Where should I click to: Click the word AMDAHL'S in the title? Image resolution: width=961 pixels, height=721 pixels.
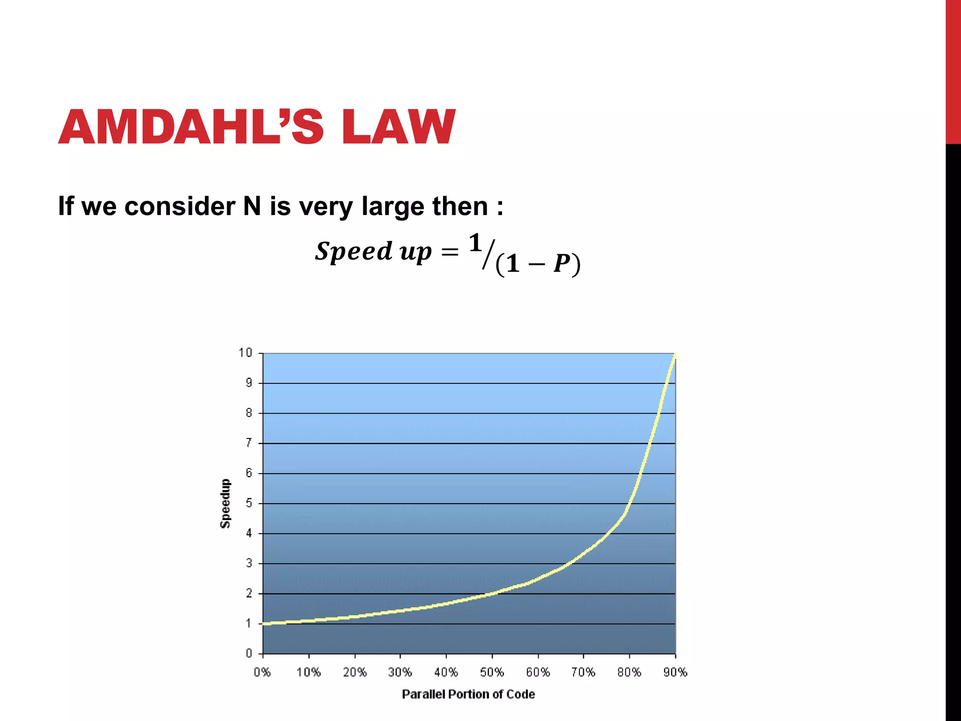pyautogui.click(x=191, y=127)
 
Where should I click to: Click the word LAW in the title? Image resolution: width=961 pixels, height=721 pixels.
pyautogui.click(x=398, y=127)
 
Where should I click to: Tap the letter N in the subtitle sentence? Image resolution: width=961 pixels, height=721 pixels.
pyautogui.click(x=252, y=206)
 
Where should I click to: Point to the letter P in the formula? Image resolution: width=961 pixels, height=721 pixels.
pyautogui.click(x=561, y=264)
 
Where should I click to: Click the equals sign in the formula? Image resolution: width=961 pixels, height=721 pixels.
pyautogui.click(x=450, y=253)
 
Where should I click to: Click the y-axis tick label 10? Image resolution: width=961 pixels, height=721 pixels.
pyautogui.click(x=245, y=353)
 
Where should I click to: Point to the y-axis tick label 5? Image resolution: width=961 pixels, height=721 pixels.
pyautogui.click(x=249, y=503)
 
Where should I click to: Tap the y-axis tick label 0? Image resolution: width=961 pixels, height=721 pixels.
pyautogui.click(x=249, y=653)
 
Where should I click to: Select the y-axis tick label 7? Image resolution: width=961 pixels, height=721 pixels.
pyautogui.click(x=249, y=443)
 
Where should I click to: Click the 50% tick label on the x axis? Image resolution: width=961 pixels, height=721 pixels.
pyautogui.click(x=492, y=673)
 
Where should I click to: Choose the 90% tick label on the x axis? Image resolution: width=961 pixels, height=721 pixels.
pyautogui.click(x=675, y=673)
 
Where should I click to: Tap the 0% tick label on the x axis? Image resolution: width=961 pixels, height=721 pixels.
pyautogui.click(x=262, y=673)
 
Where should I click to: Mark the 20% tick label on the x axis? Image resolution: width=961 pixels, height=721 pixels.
pyautogui.click(x=355, y=673)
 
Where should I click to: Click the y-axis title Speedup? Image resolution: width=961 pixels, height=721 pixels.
pyautogui.click(x=226, y=503)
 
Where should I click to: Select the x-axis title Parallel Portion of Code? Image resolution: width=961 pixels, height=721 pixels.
pyautogui.click(x=468, y=694)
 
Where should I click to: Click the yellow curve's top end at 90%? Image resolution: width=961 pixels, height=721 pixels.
pyautogui.click(x=675, y=356)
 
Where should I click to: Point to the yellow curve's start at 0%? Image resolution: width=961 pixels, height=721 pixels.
pyautogui.click(x=264, y=623)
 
